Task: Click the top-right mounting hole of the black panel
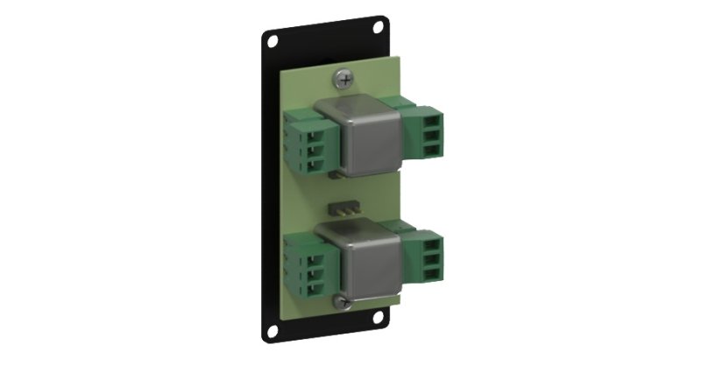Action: click(379, 26)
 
